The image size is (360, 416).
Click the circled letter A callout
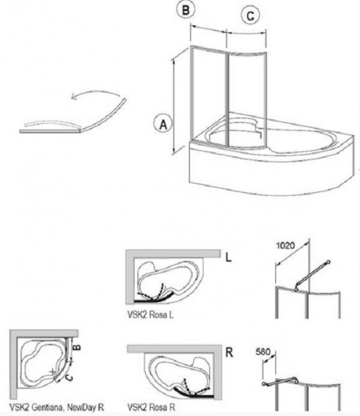[x=163, y=124]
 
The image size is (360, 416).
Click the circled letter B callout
[x=186, y=10]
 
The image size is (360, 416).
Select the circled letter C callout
[x=250, y=16]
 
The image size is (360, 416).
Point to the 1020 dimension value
[x=285, y=246]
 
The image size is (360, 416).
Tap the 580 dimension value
[x=263, y=352]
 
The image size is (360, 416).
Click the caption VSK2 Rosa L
[x=151, y=314]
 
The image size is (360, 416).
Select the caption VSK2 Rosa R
[x=151, y=407]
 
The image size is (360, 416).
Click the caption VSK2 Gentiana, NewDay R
[x=57, y=407]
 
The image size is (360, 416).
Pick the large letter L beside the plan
[x=228, y=257]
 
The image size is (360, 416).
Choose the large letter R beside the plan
[x=229, y=353]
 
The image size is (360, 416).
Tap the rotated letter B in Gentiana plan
[x=77, y=346]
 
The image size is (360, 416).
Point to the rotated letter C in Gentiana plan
[x=69, y=378]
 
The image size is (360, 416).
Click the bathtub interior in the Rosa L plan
[x=167, y=278]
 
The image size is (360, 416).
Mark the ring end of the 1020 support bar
[x=329, y=262]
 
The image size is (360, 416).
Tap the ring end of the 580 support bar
[x=264, y=383]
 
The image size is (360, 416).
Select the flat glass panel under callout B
[x=208, y=95]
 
